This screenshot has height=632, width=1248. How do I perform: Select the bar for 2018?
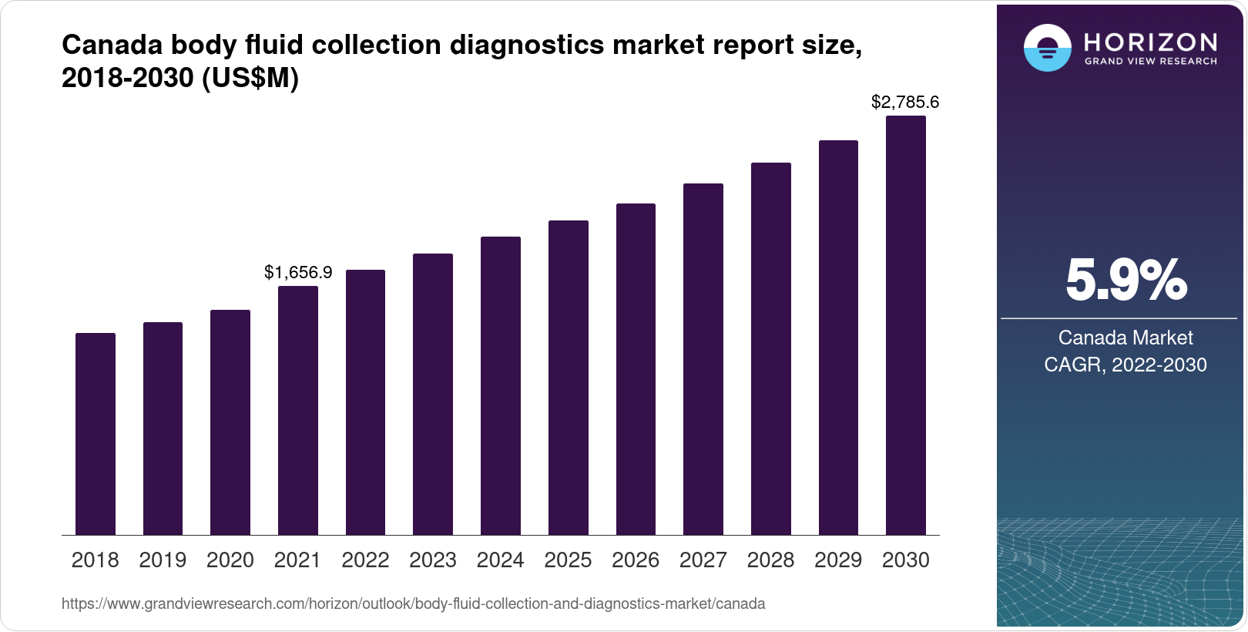(x=96, y=434)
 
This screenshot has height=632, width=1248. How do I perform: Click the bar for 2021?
(x=298, y=410)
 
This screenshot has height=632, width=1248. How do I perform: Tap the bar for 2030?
(x=906, y=325)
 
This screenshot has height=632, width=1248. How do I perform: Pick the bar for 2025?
(x=569, y=378)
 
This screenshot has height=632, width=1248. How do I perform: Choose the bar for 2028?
(x=771, y=348)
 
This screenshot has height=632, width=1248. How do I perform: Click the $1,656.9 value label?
(x=298, y=272)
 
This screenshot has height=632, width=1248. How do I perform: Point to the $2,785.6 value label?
(x=905, y=102)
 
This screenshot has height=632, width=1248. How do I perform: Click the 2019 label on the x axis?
(x=163, y=560)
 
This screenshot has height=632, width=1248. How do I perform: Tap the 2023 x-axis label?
(x=433, y=560)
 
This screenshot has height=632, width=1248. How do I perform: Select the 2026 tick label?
(x=636, y=560)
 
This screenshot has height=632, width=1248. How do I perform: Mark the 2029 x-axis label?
(x=838, y=560)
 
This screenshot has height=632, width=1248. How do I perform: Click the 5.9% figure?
(x=1126, y=281)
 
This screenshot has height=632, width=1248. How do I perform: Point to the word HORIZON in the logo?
(x=1151, y=42)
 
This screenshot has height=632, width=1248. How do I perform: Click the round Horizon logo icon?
(x=1047, y=48)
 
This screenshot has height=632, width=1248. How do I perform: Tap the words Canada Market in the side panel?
(x=1126, y=338)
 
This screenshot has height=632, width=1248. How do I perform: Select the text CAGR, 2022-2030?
(x=1126, y=365)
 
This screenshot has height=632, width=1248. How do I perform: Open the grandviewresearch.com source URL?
(x=414, y=603)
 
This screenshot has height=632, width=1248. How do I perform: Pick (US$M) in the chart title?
(x=250, y=79)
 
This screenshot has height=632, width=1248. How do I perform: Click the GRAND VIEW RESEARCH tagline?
(x=1151, y=61)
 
